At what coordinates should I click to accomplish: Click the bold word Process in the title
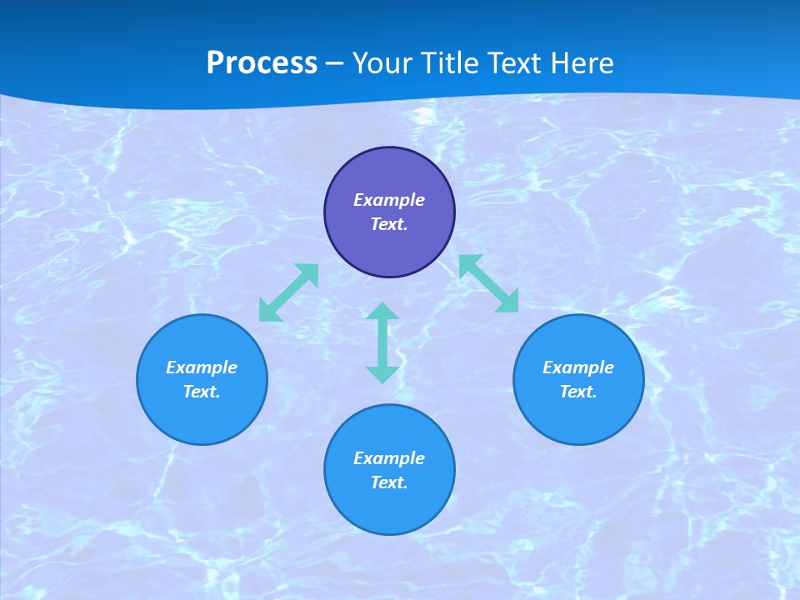[262, 63]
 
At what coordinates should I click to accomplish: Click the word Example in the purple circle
[389, 200]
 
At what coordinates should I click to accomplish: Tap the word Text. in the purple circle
[389, 224]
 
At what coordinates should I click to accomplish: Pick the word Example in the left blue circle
[202, 367]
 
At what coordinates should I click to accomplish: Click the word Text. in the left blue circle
[202, 392]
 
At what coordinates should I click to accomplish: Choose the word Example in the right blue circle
[578, 367]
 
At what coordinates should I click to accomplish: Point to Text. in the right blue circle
[578, 392]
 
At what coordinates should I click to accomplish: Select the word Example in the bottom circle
[389, 458]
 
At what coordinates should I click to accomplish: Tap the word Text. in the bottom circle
[389, 482]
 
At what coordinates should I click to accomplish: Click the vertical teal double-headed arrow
[382, 342]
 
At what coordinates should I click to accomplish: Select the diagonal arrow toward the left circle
[288, 292]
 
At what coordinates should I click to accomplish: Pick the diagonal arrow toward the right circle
[488, 283]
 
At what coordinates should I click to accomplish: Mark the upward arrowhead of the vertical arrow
[382, 312]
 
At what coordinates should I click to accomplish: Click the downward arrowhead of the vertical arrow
[382, 374]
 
